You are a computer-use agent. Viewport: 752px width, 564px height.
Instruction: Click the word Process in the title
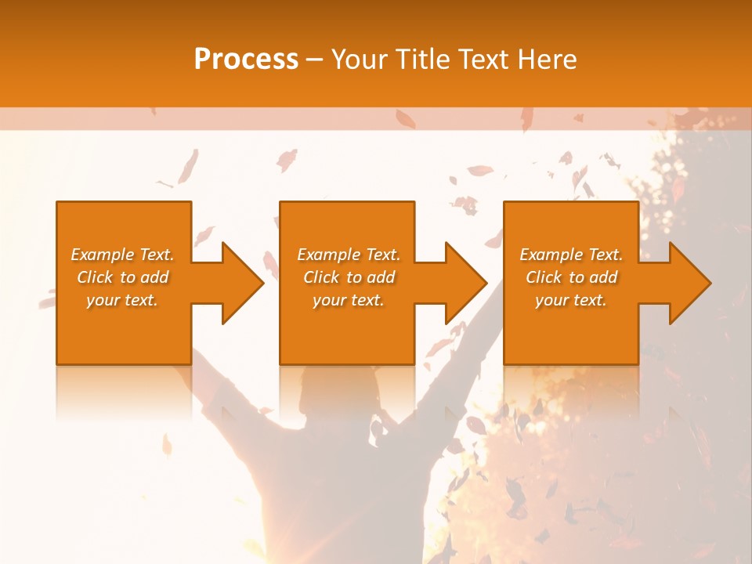(246, 60)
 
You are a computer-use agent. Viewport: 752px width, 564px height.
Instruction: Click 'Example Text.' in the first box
(122, 255)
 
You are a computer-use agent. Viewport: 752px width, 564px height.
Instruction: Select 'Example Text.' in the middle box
(349, 255)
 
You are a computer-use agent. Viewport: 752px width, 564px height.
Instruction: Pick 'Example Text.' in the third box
(571, 255)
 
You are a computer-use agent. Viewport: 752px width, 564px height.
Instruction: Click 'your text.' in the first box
(122, 300)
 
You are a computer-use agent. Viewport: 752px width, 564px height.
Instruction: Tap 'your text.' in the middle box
(349, 300)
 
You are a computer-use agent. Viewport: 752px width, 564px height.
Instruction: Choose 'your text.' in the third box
(571, 300)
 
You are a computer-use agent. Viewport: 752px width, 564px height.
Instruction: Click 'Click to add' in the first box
(122, 277)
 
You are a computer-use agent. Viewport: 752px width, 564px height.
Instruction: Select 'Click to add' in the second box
(349, 277)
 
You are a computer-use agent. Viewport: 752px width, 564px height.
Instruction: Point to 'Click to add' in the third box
(571, 277)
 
